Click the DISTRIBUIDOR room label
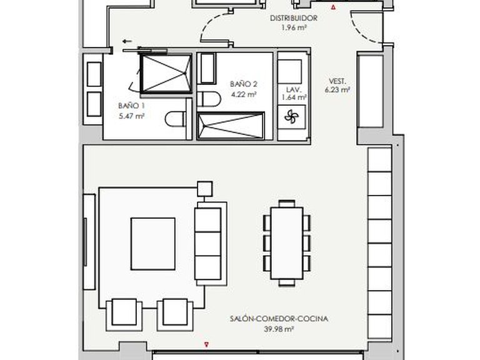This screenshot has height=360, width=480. point(294,18)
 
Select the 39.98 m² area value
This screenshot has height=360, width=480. point(278,330)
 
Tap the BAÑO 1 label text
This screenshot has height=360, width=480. point(131,106)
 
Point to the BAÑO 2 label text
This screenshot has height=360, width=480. point(244,84)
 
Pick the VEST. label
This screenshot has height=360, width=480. point(337,81)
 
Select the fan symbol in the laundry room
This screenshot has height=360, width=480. point(292,116)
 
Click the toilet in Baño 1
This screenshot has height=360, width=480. point(175,118)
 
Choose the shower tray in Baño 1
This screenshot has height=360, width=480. point(165,74)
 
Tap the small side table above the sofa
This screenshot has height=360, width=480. point(204,188)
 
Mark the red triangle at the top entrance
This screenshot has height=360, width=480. point(333,8)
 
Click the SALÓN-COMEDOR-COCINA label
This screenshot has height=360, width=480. point(278,319)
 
